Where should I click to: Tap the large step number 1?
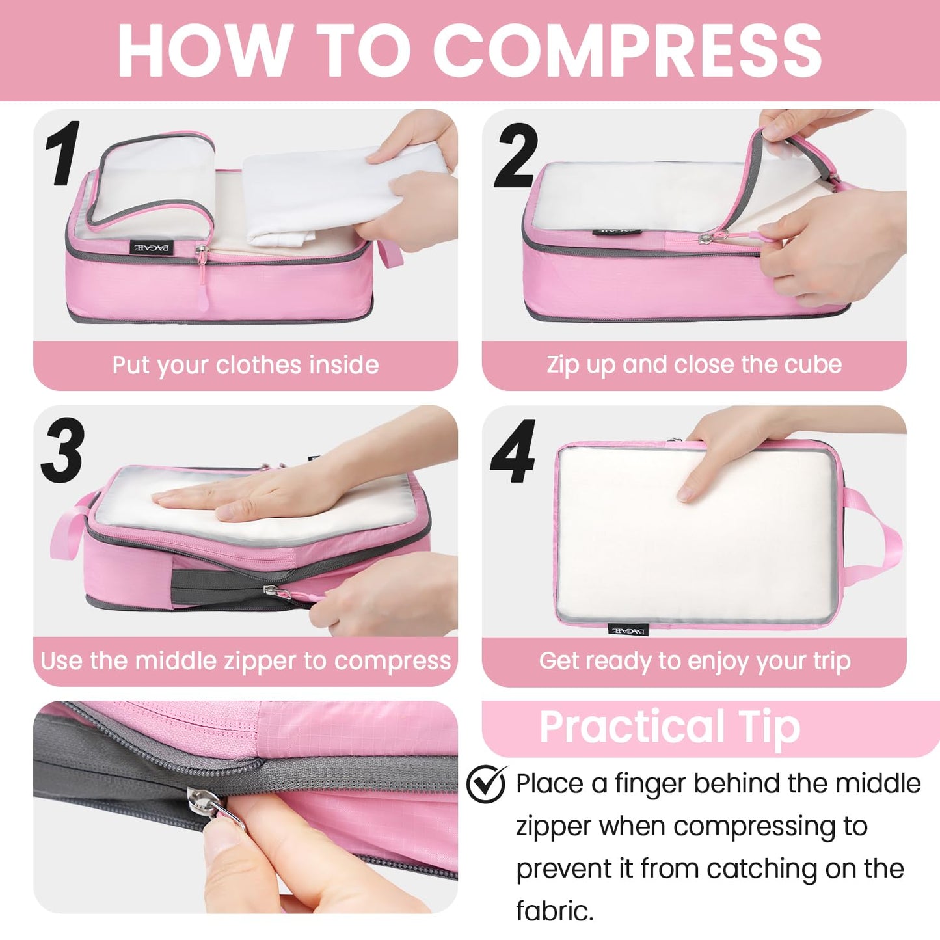pos(63,154)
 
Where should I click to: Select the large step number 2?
pos(517,156)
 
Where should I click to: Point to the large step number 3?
pos(63,451)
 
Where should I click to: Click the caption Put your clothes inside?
pos(245,365)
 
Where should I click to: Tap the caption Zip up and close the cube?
pos(694,364)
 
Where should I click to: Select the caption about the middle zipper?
pos(245,661)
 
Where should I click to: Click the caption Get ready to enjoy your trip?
pos(694,661)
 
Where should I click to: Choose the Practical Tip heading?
pos(669,727)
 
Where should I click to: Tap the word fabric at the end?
pos(554,911)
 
